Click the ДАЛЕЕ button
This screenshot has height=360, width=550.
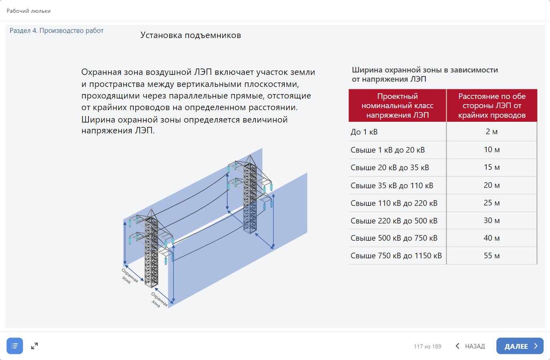[520, 346]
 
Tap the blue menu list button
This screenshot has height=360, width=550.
[15, 346]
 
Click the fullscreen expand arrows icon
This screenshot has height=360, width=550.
[34, 346]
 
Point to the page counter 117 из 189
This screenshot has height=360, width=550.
[427, 346]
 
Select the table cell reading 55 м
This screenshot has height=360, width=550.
[492, 256]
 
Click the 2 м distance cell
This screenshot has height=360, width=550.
[492, 131]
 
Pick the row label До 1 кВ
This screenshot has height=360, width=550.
[364, 132]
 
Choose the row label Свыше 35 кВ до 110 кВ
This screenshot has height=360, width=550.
[392, 185]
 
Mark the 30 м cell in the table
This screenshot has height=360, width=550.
[492, 220]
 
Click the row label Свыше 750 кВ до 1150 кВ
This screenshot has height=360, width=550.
[396, 256]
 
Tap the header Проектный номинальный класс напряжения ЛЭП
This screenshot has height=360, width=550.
[397, 106]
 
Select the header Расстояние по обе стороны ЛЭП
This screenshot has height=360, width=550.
[492, 106]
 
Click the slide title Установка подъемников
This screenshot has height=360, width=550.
[191, 35]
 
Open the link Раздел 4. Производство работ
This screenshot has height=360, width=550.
[56, 30]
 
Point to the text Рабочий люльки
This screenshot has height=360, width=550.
[28, 11]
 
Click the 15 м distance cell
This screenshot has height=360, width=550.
[492, 167]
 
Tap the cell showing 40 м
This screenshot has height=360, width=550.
[492, 238]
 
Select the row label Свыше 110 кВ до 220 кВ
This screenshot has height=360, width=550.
[394, 203]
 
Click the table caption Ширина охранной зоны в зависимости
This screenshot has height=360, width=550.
[425, 70]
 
